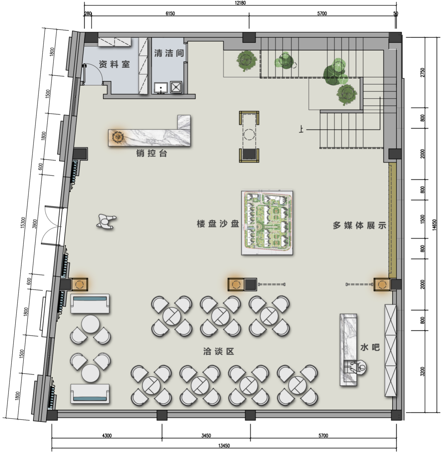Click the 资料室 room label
pos(114,64)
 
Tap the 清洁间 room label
pos(169,53)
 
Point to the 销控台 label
pos(152,153)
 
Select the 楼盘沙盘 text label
pos(218,224)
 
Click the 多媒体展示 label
pos(359,225)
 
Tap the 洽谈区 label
pos(219,352)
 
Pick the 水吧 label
pos(370,347)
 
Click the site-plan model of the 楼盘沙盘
pos(267,223)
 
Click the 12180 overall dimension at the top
pos(240,3)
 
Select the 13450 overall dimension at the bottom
pos(224,446)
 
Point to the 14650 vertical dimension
pos(434,225)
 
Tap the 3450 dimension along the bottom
pos(206,436)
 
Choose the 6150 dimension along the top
pos(170,14)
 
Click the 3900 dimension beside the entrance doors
pos(35,224)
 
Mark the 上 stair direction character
pos(301,129)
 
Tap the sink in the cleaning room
pos(161,88)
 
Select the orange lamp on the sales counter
pos(118,137)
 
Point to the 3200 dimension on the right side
pos(423,371)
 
